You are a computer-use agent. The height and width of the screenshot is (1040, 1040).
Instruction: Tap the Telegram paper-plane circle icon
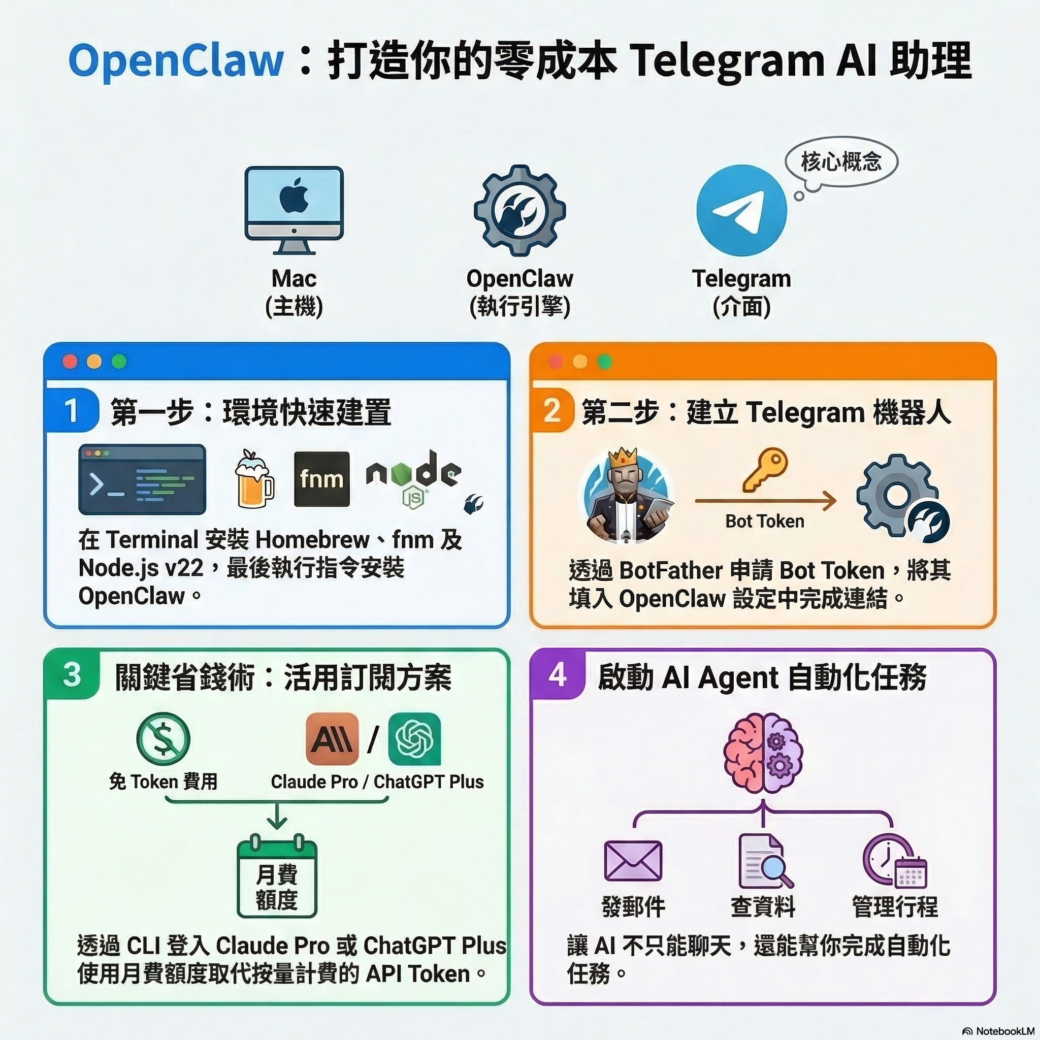tap(741, 210)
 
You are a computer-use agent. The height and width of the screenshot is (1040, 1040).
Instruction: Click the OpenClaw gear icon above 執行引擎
tap(519, 210)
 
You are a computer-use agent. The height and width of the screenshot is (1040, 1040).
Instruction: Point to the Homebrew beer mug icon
tap(253, 479)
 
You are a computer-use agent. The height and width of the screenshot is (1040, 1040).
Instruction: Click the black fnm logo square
tap(321, 479)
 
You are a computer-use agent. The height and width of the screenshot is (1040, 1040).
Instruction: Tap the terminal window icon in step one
tap(142, 479)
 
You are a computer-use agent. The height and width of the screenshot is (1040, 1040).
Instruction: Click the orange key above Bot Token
tap(764, 469)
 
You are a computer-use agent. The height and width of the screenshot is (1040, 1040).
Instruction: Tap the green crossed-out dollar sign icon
tap(163, 738)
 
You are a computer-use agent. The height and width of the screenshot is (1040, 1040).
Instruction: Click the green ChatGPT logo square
tap(414, 738)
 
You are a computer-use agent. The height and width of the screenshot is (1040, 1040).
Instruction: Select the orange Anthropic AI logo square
tap(332, 738)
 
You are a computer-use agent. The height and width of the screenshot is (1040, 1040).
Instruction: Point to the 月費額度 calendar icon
tap(277, 878)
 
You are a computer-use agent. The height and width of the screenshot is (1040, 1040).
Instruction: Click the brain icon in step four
tap(763, 753)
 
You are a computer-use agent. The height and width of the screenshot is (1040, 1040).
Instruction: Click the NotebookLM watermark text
tap(1002, 1030)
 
